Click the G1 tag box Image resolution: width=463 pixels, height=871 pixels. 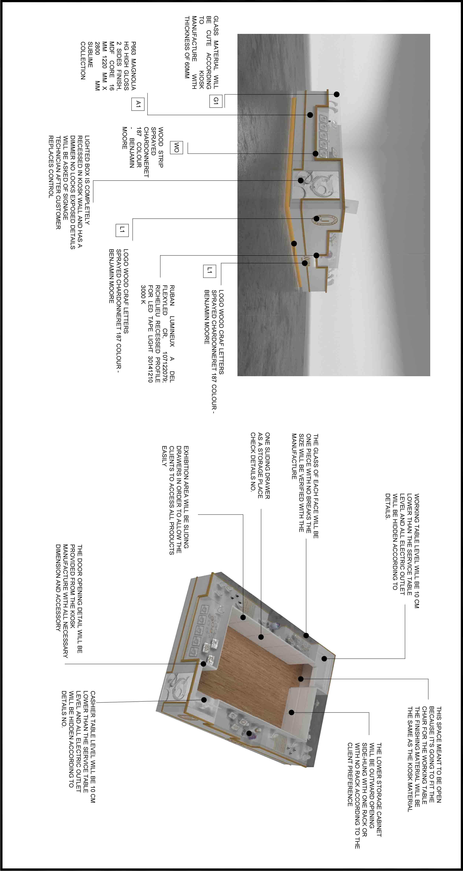pyautogui.click(x=216, y=101)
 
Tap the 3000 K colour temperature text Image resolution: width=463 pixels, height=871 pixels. pyautogui.click(x=143, y=294)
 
